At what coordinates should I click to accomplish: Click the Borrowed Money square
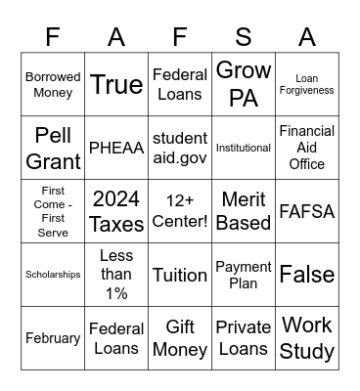click(x=53, y=84)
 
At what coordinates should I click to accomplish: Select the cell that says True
click(x=116, y=84)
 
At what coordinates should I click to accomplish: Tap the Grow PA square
click(x=244, y=84)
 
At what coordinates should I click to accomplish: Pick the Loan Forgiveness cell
click(x=307, y=84)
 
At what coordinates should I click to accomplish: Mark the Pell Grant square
click(x=53, y=148)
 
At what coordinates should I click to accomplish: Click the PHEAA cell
click(x=116, y=148)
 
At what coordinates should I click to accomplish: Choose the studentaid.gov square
click(x=180, y=148)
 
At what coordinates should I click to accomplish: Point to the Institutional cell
click(x=244, y=148)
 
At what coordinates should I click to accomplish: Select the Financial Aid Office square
click(x=307, y=148)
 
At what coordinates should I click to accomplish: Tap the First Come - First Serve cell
click(x=53, y=211)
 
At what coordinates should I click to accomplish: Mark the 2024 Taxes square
click(x=116, y=211)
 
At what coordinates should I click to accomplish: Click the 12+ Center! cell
click(x=180, y=211)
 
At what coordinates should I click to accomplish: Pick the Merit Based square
click(x=244, y=211)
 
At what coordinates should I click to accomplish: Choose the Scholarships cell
click(x=53, y=275)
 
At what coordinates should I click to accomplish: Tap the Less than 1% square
click(x=116, y=275)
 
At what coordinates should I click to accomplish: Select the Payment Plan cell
click(x=244, y=275)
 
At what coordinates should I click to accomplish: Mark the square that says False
click(x=307, y=275)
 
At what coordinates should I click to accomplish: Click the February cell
click(x=53, y=338)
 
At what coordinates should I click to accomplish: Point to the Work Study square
click(x=307, y=338)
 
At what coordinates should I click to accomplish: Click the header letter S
click(x=244, y=37)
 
